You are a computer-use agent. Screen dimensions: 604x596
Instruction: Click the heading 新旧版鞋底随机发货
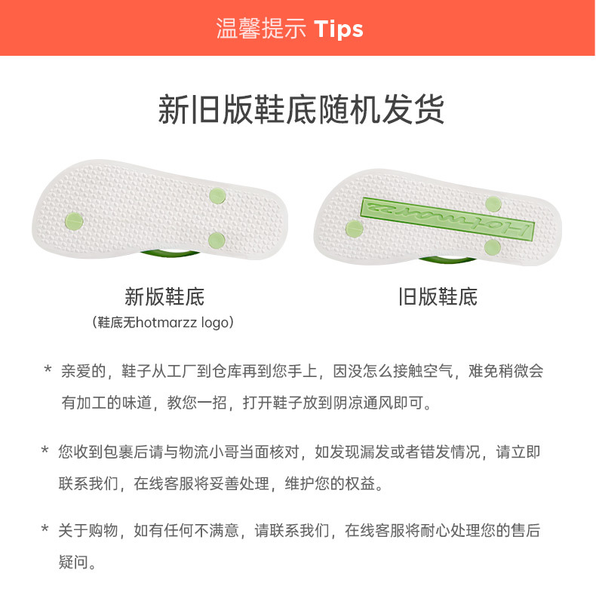tap(301, 110)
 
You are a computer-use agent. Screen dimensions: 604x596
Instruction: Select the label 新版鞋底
tap(164, 296)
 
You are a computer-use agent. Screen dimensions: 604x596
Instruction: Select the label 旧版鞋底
tap(438, 296)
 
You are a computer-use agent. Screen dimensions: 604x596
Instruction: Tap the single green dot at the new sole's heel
tap(74, 221)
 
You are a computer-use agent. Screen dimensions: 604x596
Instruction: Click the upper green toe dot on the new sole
tap(217, 194)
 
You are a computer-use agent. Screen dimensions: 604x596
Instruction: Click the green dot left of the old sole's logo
tap(353, 228)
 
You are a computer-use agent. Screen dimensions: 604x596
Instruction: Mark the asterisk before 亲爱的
tap(48, 371)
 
